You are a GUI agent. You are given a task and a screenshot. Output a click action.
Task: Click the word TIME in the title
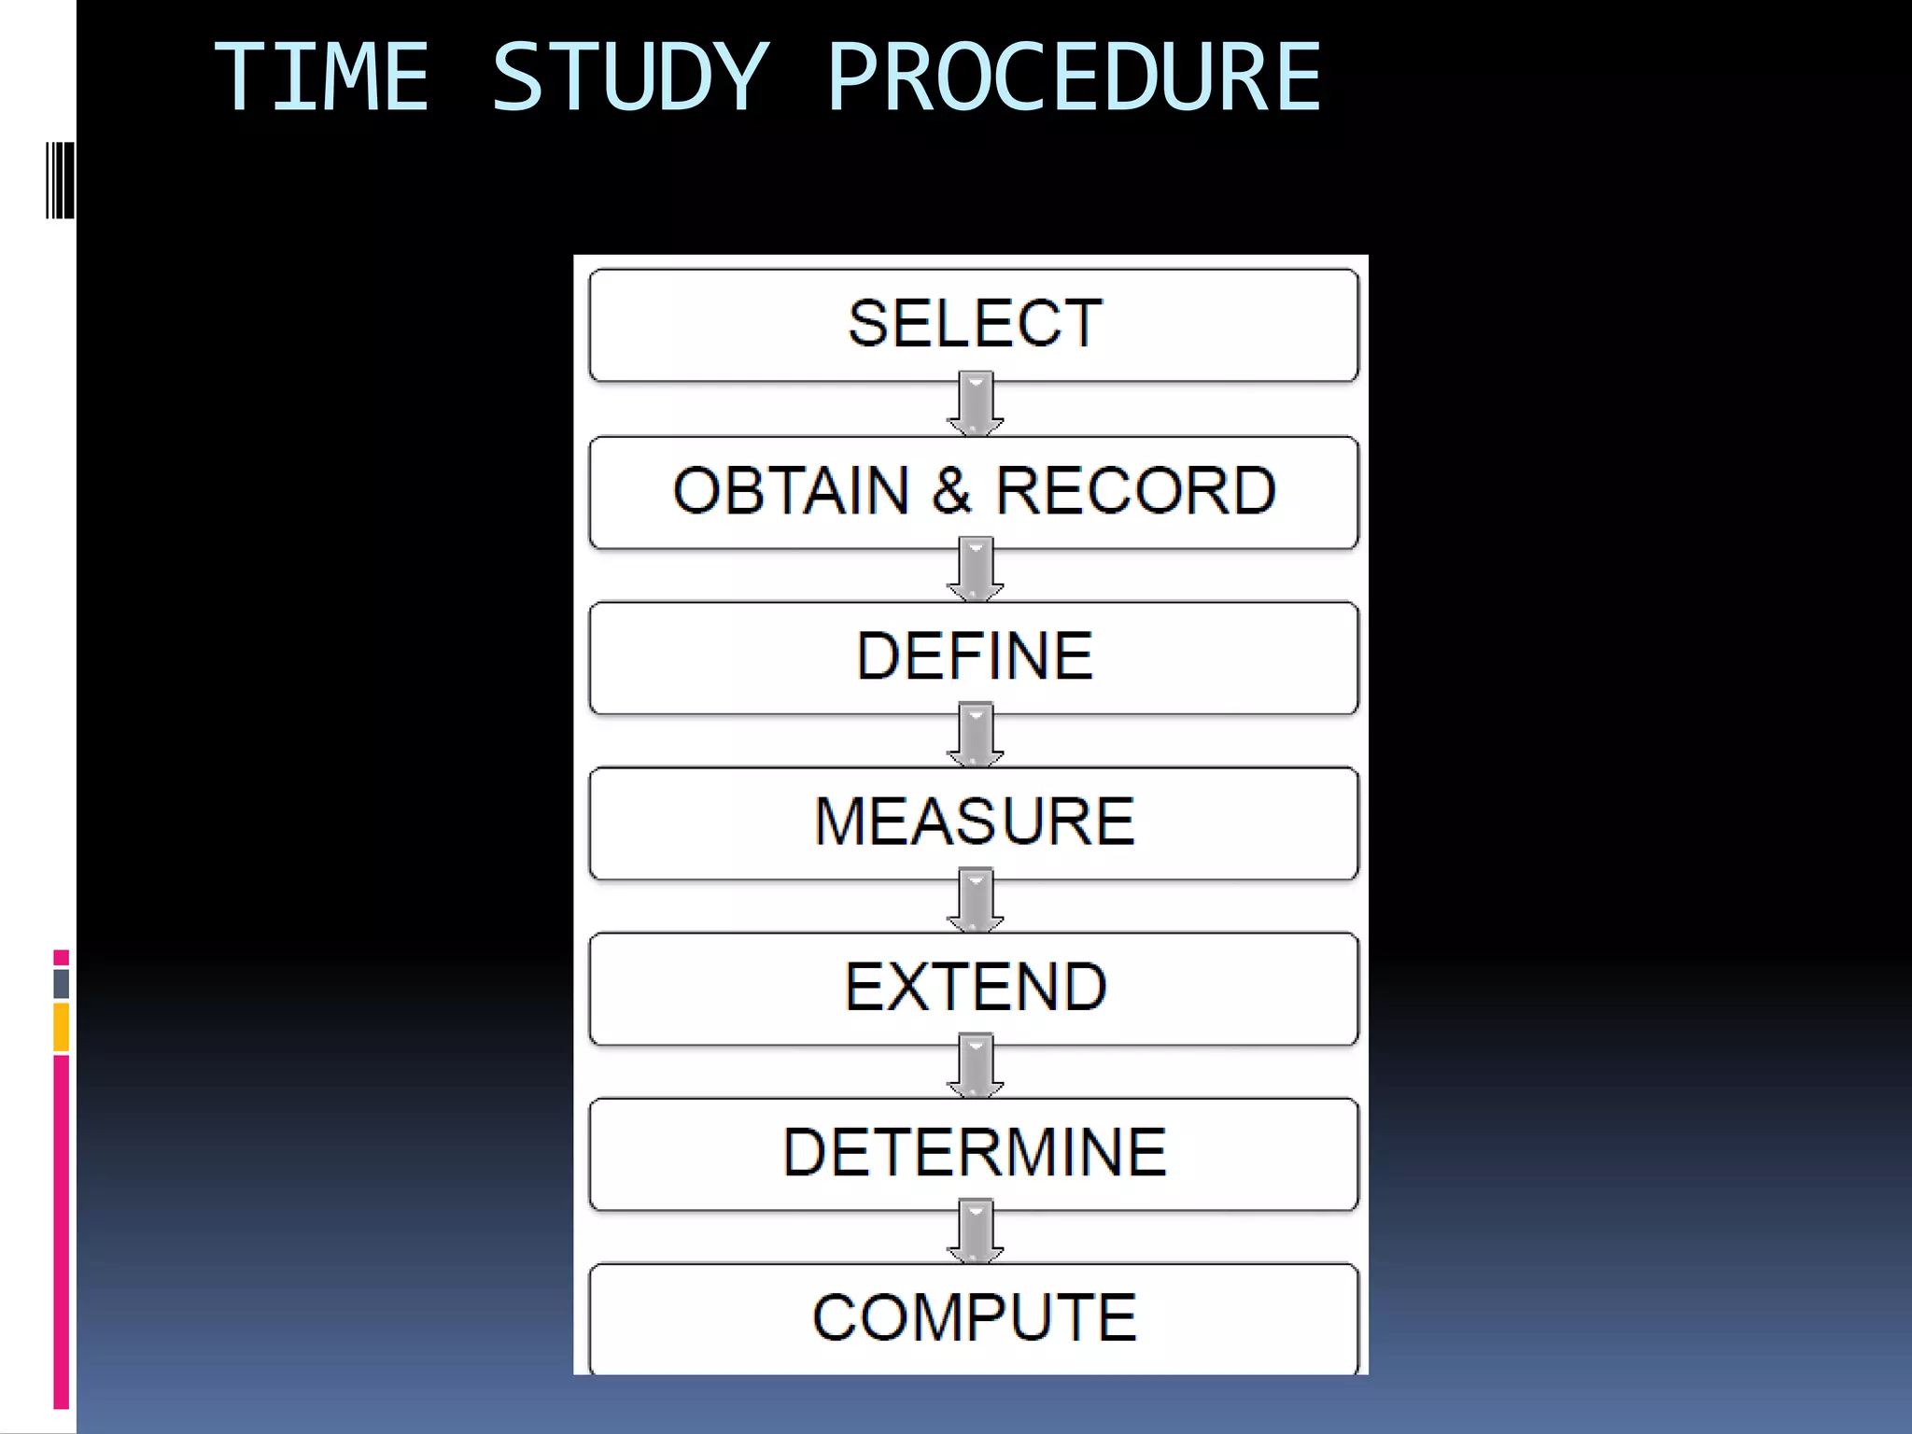pos(322,77)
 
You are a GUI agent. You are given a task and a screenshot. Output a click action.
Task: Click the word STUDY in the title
pos(630,77)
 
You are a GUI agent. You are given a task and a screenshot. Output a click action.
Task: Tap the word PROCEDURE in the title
pos(1074,77)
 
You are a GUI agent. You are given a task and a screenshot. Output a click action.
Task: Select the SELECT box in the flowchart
pos(974,324)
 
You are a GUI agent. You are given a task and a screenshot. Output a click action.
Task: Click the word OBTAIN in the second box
pos(791,491)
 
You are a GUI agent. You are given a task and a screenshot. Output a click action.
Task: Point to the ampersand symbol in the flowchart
pos(951,491)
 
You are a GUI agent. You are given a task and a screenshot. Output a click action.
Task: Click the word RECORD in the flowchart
pos(1136,491)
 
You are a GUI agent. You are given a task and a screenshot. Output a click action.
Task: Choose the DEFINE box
pos(974,656)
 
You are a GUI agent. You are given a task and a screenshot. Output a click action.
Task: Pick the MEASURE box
pos(974,822)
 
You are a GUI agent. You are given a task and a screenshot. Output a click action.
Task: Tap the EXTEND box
pos(974,988)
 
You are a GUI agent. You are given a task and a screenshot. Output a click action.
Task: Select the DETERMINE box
pos(974,1153)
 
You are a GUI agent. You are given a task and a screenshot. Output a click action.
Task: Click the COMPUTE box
pos(974,1317)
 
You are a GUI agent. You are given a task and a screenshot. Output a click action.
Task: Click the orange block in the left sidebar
pos(62,1027)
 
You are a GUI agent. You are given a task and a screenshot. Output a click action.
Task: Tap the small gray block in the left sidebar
pos(62,983)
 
